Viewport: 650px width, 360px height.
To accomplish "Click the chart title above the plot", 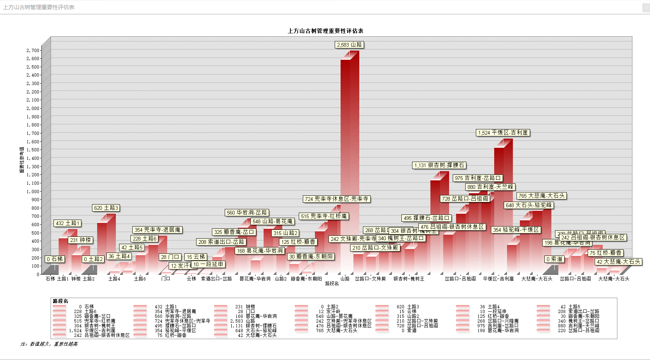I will [x=325, y=31].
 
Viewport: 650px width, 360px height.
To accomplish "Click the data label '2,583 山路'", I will [x=350, y=45].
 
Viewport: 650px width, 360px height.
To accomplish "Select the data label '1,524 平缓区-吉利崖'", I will [x=503, y=133].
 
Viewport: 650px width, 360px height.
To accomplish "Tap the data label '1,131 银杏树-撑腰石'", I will [x=439, y=165].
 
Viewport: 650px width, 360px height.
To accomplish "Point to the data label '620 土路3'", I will [x=106, y=208].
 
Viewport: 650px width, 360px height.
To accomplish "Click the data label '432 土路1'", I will [x=67, y=223].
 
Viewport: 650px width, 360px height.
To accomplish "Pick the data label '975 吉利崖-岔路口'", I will [x=478, y=178].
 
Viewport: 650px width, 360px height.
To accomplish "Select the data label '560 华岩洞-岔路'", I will [x=247, y=213].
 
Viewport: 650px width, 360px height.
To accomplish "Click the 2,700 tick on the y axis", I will [x=33, y=50].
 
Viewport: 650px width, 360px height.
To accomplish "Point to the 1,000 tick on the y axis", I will [x=33, y=191].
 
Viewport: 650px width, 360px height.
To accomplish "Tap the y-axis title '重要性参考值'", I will [x=22, y=160].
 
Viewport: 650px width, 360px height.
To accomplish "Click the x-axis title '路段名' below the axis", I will [x=332, y=283].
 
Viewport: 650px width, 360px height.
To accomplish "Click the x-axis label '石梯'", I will [x=50, y=279].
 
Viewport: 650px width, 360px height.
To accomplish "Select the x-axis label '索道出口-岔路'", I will [x=216, y=279].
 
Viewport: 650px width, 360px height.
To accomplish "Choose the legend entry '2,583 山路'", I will [x=242, y=321].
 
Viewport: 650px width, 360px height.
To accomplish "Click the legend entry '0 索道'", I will [x=409, y=330].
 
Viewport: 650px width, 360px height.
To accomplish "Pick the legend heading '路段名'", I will [x=60, y=301].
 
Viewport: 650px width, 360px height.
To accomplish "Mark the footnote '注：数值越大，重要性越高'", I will [x=49, y=344].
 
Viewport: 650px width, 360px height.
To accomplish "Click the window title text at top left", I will [x=39, y=7].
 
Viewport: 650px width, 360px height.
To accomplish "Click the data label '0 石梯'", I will [x=55, y=259].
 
